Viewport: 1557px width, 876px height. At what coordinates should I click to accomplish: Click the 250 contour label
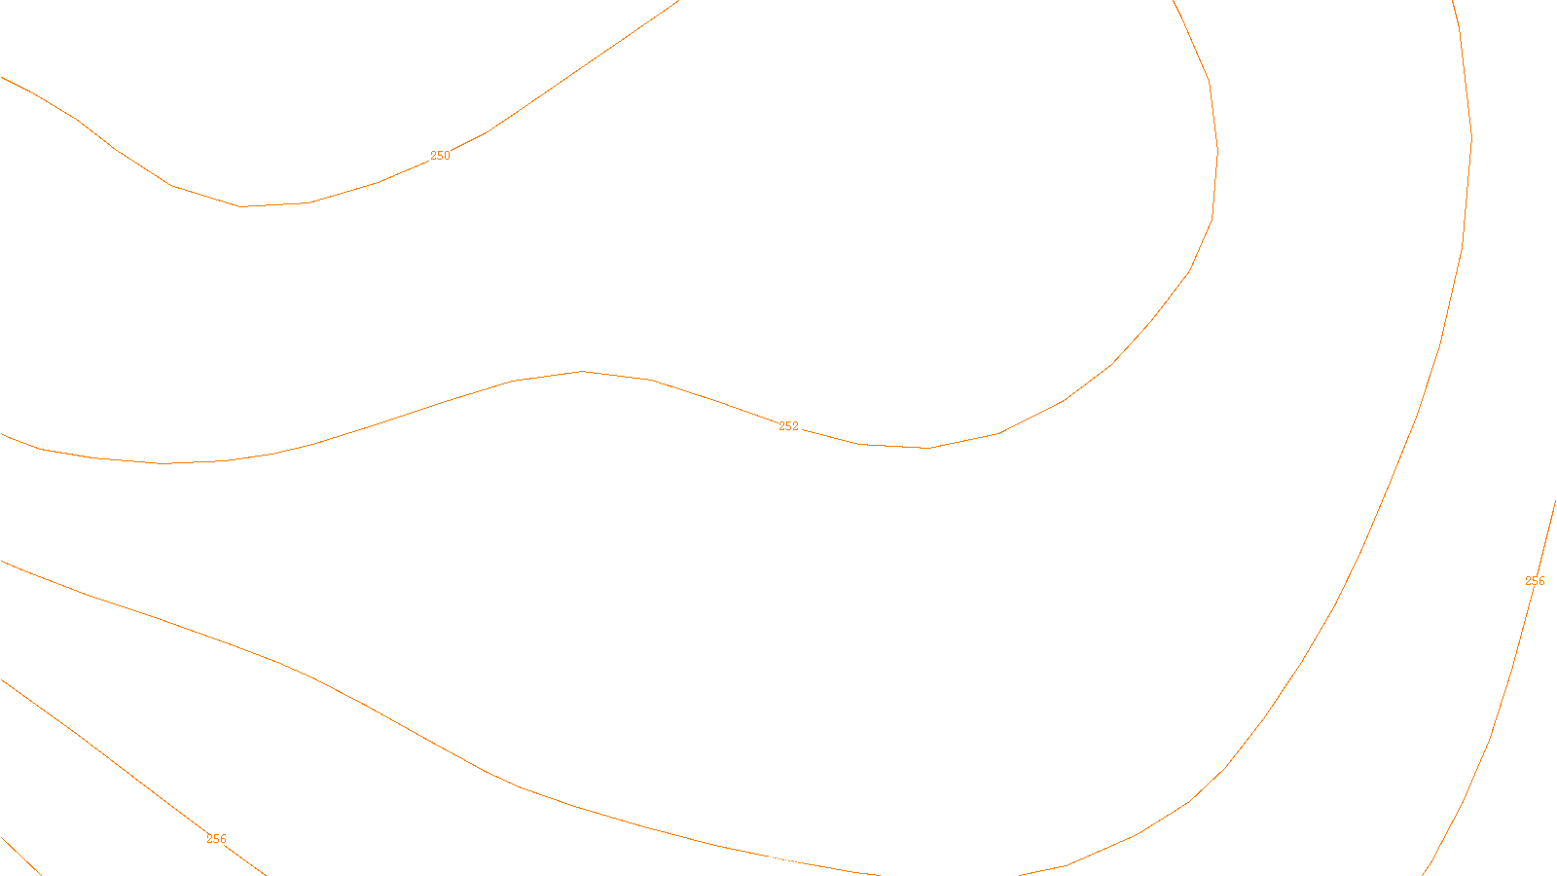440,156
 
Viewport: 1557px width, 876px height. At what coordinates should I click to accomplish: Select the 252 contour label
788,426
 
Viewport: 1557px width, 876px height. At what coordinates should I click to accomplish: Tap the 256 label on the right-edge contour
1535,581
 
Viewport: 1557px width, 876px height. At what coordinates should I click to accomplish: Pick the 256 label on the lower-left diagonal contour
216,839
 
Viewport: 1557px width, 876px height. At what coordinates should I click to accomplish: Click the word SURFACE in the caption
778,860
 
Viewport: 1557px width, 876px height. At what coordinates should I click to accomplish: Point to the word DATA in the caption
823,860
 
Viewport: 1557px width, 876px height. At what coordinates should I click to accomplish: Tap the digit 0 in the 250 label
447,156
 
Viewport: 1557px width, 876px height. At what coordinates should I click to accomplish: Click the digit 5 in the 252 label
788,426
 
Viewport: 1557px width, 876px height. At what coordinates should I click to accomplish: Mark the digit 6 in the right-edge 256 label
1541,581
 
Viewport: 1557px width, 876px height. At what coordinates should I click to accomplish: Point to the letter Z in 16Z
744,860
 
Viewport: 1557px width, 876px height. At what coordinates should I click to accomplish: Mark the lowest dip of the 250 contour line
242,206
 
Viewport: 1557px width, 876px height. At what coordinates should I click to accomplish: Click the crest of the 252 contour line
582,371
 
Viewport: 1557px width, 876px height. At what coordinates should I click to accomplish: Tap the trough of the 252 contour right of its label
925,448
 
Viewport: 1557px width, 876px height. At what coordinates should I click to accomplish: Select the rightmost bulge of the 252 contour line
1217,152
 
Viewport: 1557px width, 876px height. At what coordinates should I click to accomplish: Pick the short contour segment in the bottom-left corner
19,855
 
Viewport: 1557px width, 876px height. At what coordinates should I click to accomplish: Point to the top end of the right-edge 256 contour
1555,502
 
